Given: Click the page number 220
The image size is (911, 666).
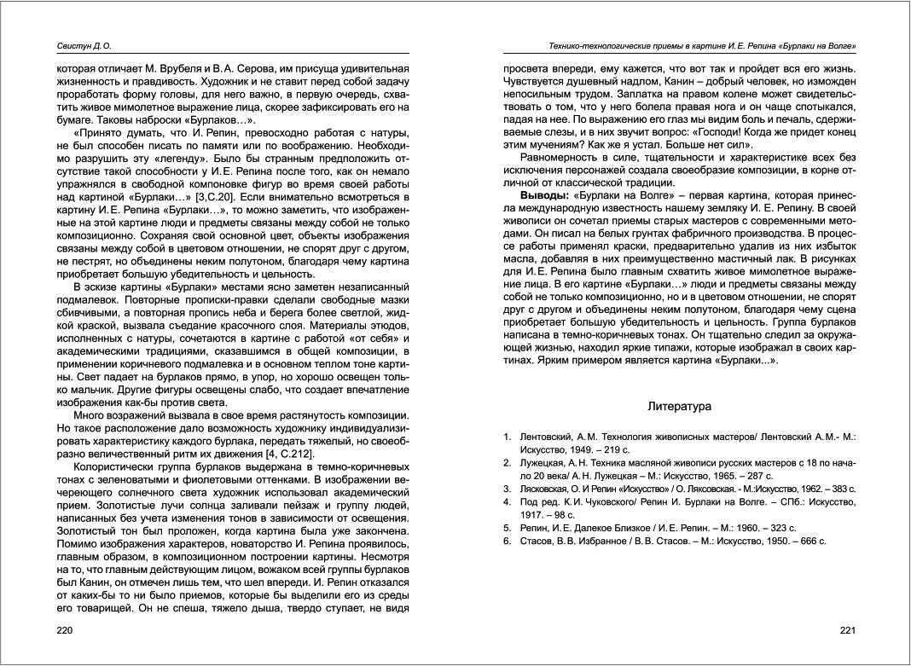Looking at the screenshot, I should click(x=65, y=631).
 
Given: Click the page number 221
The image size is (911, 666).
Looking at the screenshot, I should click(x=846, y=631).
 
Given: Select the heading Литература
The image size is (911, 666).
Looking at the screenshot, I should click(x=679, y=407).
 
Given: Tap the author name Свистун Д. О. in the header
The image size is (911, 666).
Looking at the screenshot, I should click(x=78, y=46).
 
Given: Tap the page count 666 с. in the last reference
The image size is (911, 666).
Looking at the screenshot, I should click(x=810, y=541).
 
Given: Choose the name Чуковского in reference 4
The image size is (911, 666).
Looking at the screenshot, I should click(x=598, y=502).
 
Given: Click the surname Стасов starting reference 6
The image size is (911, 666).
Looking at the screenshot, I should click(x=536, y=541).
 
